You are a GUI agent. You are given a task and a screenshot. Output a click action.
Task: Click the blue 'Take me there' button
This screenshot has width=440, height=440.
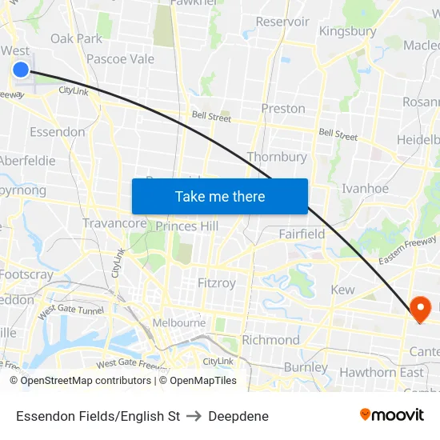(219, 196)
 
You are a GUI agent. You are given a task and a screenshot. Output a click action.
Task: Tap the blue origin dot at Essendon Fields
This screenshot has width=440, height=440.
(21, 70)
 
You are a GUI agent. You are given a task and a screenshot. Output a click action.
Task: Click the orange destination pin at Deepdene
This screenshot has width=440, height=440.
(419, 307)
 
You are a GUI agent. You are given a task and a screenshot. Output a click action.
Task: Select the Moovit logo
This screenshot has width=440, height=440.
(391, 414)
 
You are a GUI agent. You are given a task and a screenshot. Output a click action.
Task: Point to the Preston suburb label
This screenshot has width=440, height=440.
(283, 108)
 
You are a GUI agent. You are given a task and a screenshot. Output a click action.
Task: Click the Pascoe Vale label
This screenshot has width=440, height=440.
(120, 58)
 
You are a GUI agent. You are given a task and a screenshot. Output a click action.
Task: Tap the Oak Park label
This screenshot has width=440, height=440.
(76, 38)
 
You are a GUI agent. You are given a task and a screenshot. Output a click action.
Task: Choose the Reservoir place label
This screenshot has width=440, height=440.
(282, 22)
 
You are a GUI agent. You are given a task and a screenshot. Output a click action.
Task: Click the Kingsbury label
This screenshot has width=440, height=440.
(347, 31)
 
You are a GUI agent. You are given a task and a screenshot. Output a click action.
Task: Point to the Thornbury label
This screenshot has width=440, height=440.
(277, 157)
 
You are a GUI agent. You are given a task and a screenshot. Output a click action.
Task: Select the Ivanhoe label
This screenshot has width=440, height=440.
(365, 189)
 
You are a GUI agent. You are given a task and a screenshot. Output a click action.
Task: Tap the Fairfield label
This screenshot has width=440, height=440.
(302, 234)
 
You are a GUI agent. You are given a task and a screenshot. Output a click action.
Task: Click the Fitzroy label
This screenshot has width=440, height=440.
(217, 282)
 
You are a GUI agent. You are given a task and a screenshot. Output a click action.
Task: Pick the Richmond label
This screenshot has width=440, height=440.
(270, 339)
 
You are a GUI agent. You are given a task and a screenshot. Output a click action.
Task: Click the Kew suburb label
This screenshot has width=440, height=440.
(342, 290)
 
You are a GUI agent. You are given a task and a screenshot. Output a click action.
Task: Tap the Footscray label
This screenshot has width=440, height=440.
(26, 274)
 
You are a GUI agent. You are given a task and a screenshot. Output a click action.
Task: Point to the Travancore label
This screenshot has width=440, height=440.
(114, 223)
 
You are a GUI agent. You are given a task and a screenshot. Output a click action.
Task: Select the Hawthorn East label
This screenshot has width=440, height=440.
(382, 372)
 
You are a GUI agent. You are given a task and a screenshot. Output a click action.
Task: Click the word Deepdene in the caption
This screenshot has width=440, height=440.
(238, 416)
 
